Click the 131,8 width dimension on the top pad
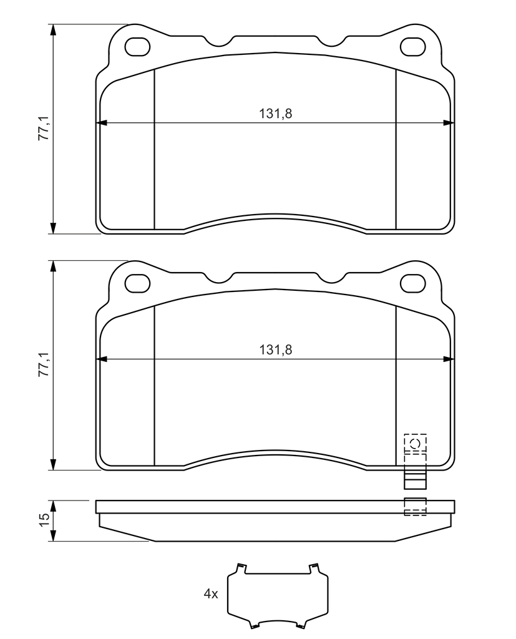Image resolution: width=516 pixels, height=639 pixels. (276, 114)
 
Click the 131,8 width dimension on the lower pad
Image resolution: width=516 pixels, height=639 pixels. (276, 349)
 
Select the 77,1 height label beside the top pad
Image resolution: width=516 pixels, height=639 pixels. (44, 128)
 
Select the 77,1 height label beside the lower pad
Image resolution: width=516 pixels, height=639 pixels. (44, 364)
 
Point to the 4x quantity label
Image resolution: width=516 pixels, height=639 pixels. (211, 594)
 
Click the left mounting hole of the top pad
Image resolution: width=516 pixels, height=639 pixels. (137, 46)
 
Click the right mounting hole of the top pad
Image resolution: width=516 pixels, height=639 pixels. (413, 46)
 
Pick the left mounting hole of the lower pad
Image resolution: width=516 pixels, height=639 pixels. (137, 283)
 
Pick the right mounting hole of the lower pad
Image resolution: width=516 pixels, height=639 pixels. (413, 283)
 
